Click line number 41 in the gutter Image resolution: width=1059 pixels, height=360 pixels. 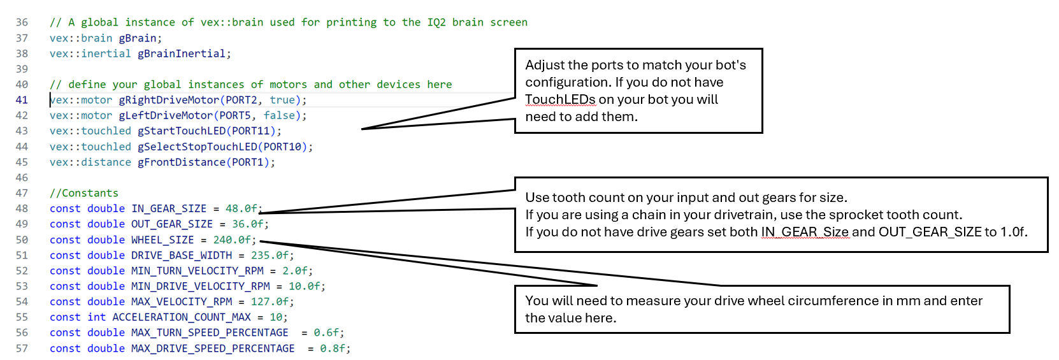coord(22,100)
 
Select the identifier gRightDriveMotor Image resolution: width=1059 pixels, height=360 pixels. coord(169,100)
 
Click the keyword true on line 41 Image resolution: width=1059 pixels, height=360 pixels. coord(282,100)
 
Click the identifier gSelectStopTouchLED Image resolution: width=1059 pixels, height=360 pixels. coord(197,147)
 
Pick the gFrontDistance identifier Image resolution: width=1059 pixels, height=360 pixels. coord(182,162)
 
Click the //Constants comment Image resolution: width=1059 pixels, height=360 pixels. coord(84,193)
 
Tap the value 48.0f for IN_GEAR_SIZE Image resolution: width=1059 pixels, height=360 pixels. coord(241,208)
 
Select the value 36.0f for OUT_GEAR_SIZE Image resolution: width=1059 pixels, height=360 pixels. coord(247,224)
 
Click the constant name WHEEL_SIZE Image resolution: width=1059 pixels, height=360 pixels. coord(162,240)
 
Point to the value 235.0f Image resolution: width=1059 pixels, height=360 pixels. coord(270,256)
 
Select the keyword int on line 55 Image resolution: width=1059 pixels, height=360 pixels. coord(96,317)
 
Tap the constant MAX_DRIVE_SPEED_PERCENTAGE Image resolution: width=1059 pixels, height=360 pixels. coord(213,349)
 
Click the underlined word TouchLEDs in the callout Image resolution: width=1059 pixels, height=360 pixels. coord(560,99)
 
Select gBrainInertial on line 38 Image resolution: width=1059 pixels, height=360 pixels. coord(182,54)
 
